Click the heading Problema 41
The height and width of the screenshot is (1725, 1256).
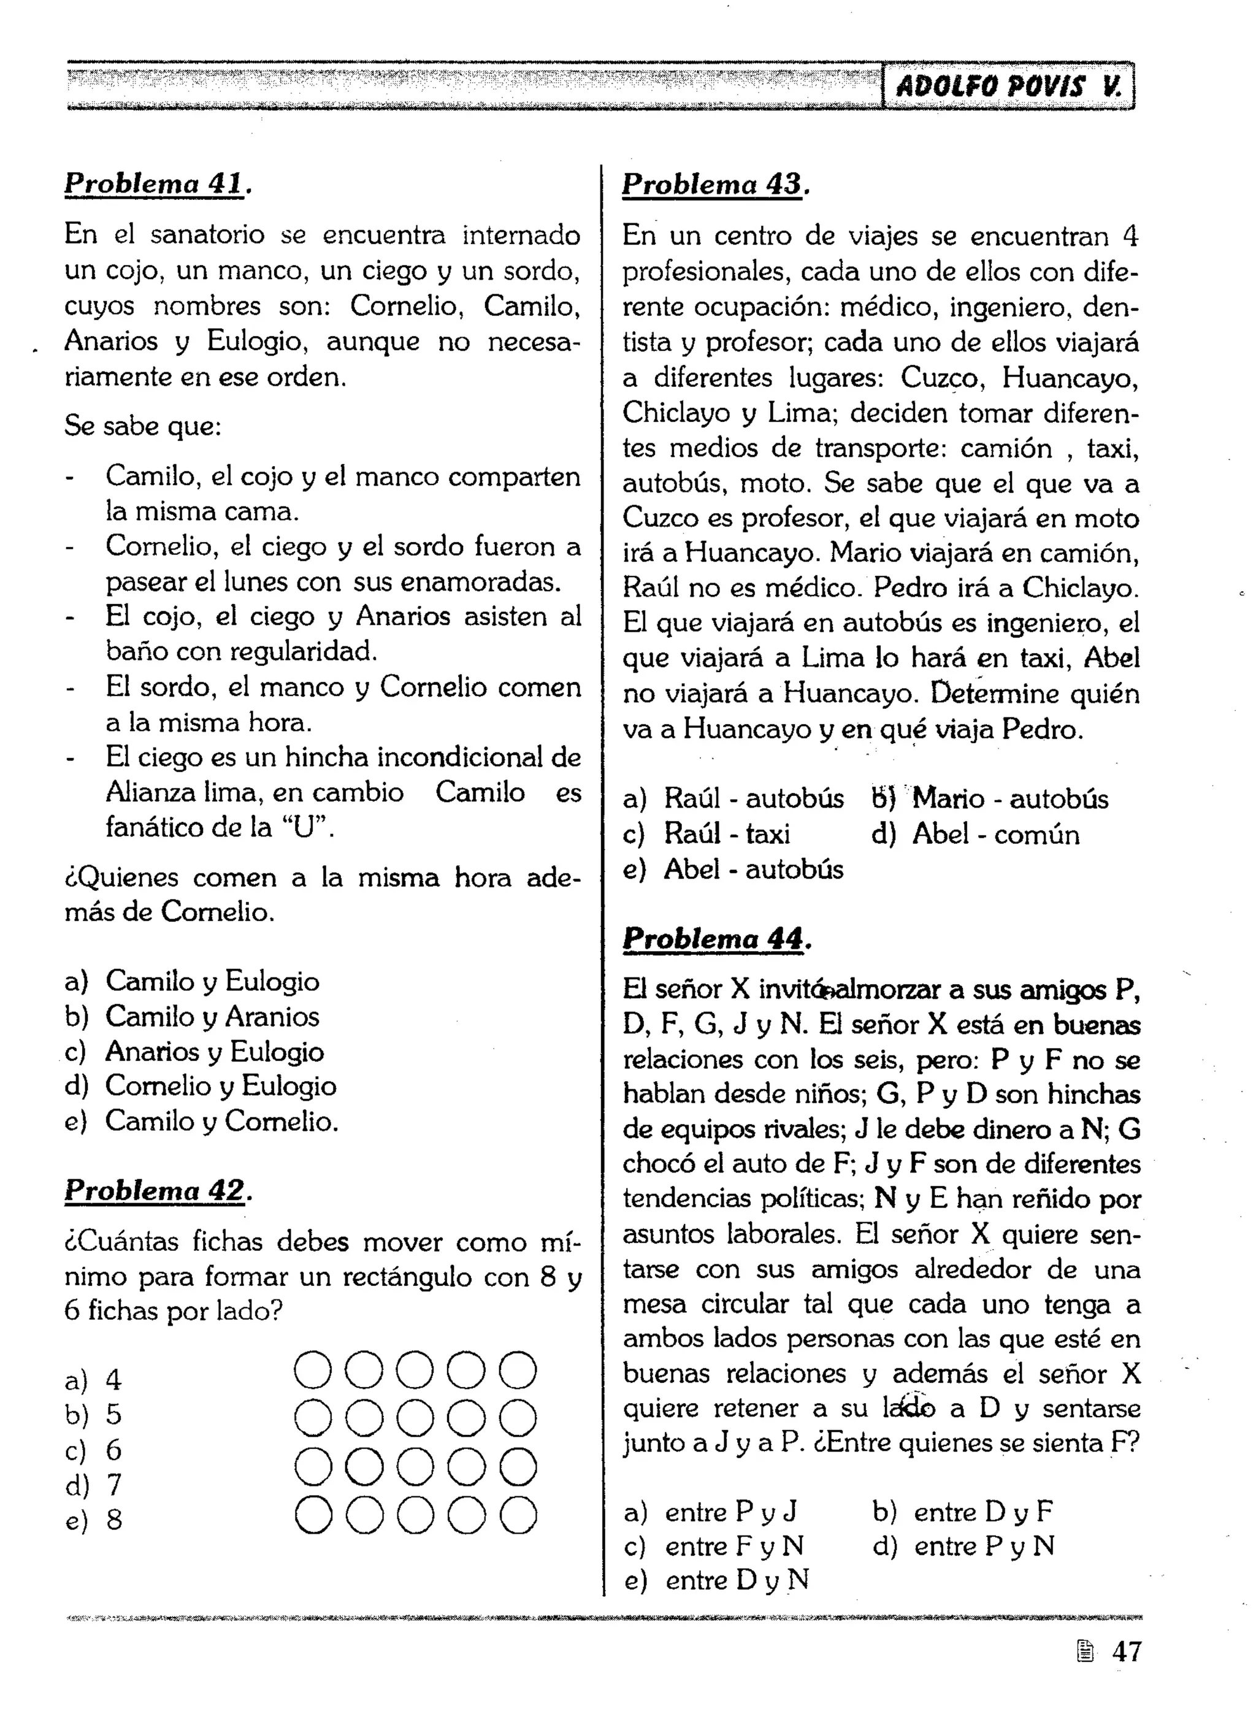158,184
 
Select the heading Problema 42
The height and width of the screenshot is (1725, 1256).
158,1191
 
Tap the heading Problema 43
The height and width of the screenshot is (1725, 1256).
715,184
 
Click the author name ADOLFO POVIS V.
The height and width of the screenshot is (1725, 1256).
1008,86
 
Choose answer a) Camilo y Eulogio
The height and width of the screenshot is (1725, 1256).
192,981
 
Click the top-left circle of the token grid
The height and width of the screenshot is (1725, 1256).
313,1371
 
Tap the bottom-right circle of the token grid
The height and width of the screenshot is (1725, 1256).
518,1515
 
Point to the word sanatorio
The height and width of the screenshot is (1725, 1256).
207,235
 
